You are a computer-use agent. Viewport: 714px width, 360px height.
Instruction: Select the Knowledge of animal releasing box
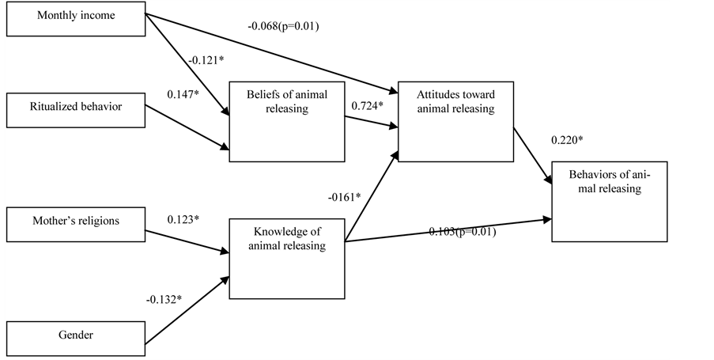tap(287, 260)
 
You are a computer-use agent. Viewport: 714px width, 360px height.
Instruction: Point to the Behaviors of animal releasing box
tap(609, 201)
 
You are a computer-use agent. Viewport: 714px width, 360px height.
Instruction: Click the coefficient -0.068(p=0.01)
tap(282, 26)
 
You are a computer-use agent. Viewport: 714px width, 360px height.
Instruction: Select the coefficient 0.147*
tap(184, 94)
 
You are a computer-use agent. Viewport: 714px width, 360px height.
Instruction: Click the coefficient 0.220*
tap(568, 140)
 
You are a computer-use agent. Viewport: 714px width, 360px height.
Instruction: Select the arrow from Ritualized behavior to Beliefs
tap(186, 127)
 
